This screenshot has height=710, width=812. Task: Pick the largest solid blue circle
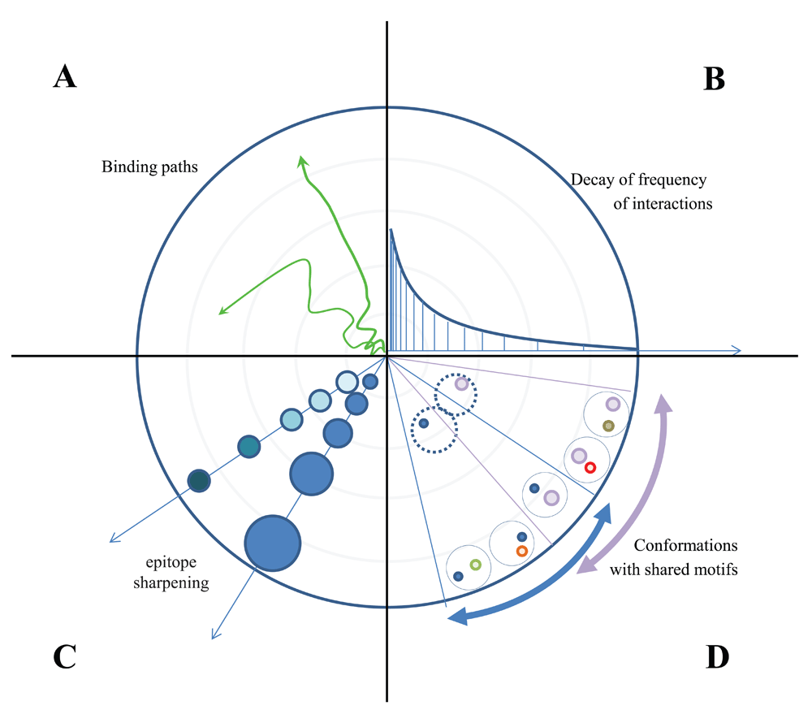click(x=273, y=543)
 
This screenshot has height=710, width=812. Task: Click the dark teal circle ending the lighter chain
click(x=199, y=481)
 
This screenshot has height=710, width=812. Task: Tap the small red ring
click(x=590, y=467)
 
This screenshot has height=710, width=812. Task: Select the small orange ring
click(x=522, y=551)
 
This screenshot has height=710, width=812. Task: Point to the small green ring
click(x=476, y=565)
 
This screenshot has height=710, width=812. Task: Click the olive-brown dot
click(x=608, y=426)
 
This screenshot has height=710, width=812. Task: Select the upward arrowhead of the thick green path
click(x=303, y=161)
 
